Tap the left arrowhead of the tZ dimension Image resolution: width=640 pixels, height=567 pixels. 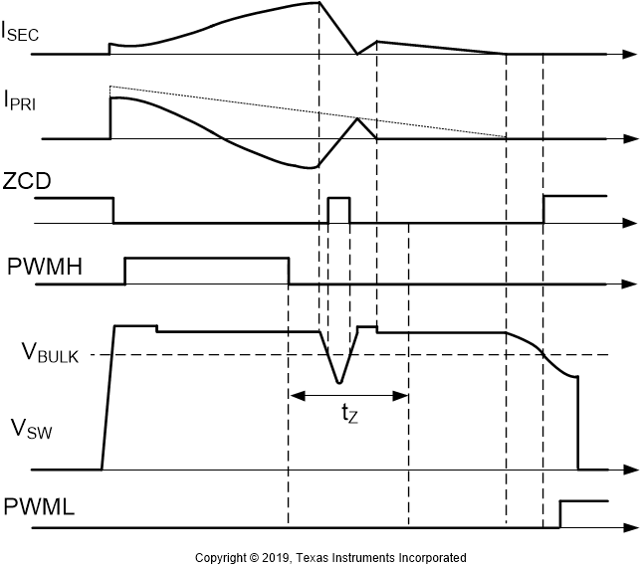294,396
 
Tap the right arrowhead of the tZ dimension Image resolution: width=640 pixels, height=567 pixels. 403,396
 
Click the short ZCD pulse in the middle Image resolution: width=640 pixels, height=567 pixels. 339,199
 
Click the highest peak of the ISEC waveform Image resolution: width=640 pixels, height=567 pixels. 319,3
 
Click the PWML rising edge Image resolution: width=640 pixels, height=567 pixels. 560,514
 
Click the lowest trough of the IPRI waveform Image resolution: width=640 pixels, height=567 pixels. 312,168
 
